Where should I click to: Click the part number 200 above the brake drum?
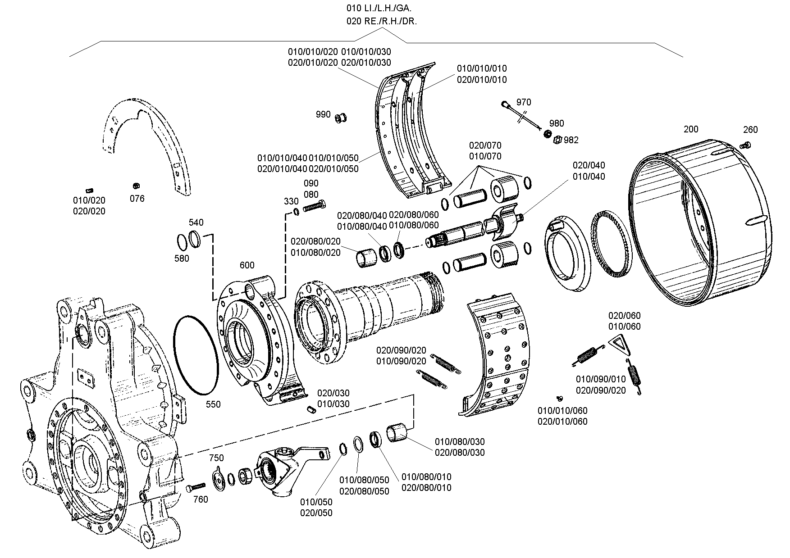pyautogui.click(x=691, y=129)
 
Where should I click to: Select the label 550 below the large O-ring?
pyautogui.click(x=213, y=404)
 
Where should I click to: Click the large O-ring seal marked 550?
pyautogui.click(x=196, y=354)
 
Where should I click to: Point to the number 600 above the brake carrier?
pyautogui.click(x=247, y=265)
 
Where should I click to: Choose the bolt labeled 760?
pyautogui.click(x=195, y=488)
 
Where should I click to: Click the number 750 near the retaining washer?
pyautogui.click(x=216, y=458)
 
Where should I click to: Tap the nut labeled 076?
pyautogui.click(x=135, y=186)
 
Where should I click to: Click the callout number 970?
pyautogui.click(x=524, y=102)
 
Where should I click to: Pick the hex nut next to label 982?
pyautogui.click(x=557, y=140)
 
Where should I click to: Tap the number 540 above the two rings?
pyautogui.click(x=196, y=222)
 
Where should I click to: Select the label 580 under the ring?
pyautogui.click(x=182, y=259)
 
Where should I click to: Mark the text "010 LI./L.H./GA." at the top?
pyautogui.click(x=379, y=8)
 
